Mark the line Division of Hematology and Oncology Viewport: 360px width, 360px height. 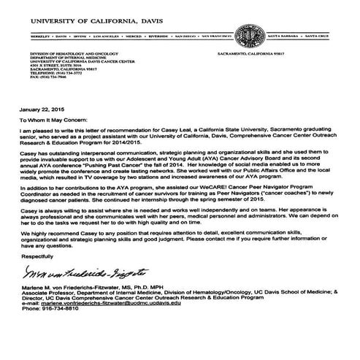pos(52,55)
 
